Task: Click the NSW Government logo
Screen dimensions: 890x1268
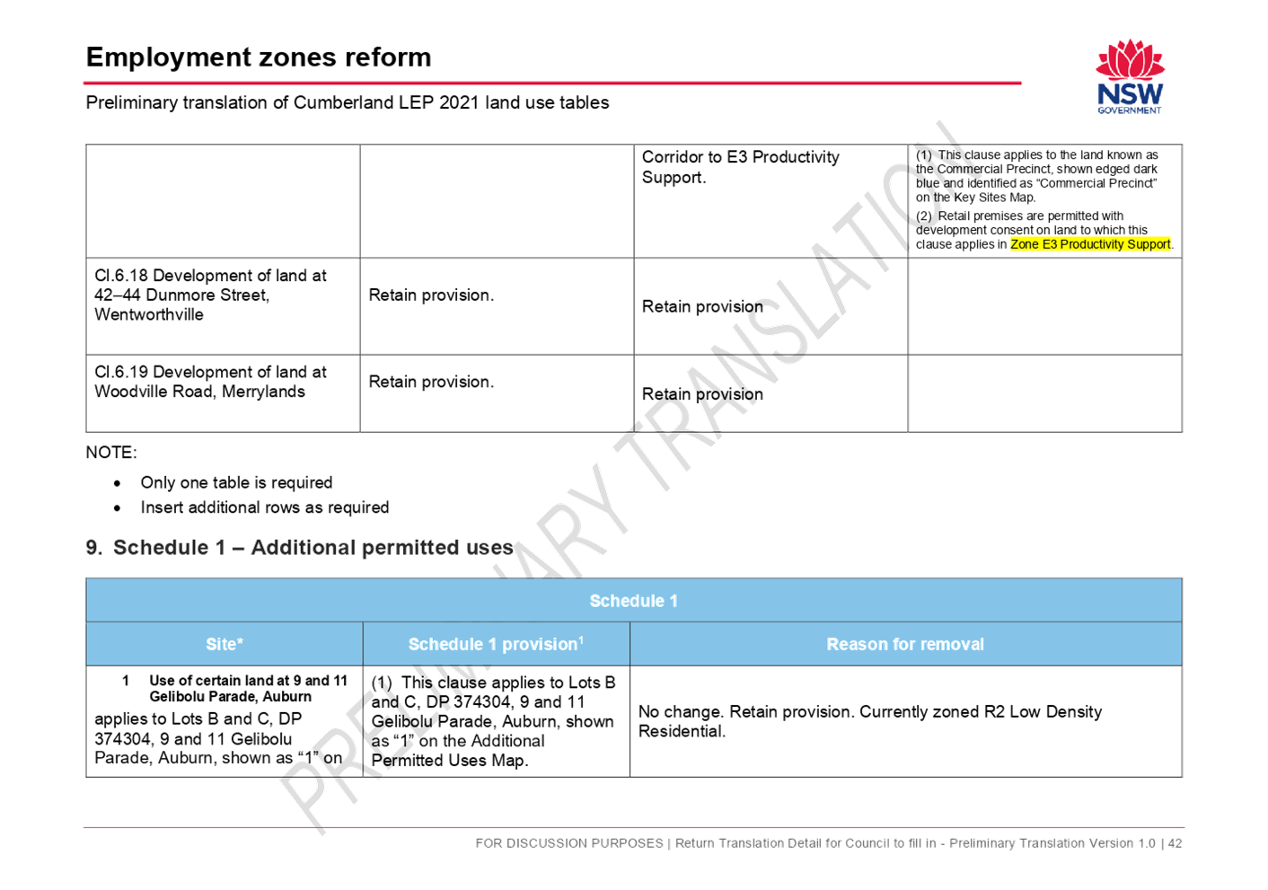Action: pyautogui.click(x=1130, y=77)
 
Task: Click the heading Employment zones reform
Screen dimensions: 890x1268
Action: pyautogui.click(x=259, y=57)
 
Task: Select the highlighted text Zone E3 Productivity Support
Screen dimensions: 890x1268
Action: pyautogui.click(x=1090, y=244)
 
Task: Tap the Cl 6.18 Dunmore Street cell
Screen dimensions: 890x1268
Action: pyautogui.click(x=211, y=295)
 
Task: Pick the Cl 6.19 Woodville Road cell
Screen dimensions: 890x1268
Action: pyautogui.click(x=211, y=382)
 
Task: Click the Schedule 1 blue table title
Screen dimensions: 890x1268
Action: pyautogui.click(x=633, y=601)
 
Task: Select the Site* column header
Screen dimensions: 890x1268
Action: pyautogui.click(x=225, y=644)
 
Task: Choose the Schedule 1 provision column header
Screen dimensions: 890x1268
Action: pyautogui.click(x=496, y=644)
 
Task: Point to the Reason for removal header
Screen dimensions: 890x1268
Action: pyautogui.click(x=905, y=644)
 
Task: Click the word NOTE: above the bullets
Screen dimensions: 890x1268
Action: pyautogui.click(x=111, y=453)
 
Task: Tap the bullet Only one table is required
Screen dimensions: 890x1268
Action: pyautogui.click(x=236, y=482)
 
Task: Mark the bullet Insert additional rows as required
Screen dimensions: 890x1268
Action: pyautogui.click(x=265, y=507)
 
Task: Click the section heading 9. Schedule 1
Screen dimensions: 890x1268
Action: pyautogui.click(x=300, y=547)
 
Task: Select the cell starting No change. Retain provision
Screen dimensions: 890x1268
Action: pyautogui.click(x=870, y=721)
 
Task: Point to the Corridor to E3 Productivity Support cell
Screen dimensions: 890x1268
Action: pyautogui.click(x=740, y=167)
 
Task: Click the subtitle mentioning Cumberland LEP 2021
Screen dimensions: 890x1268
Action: pyautogui.click(x=348, y=103)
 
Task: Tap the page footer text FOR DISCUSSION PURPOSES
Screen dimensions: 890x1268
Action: pyautogui.click(x=569, y=843)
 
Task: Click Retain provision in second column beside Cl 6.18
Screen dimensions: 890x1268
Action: pyautogui.click(x=431, y=295)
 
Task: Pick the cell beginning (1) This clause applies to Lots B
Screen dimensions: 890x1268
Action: pyautogui.click(x=494, y=721)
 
